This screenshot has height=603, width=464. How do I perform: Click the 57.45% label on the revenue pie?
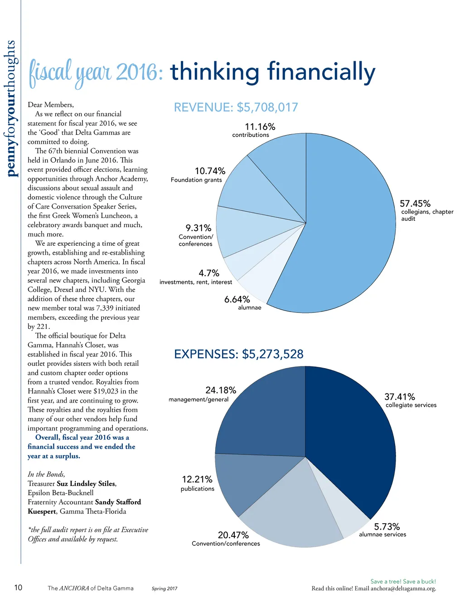coord(415,204)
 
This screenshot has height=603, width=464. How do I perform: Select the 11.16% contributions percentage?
coord(260,127)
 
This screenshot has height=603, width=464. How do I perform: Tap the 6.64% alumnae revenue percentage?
coord(237,299)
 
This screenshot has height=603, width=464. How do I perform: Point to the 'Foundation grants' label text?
coord(196,180)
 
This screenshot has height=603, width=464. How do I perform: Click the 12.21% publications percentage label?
coord(197,479)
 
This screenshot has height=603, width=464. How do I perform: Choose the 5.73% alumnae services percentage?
coord(387,526)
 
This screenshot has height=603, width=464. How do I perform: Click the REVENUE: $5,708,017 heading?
coord(236,107)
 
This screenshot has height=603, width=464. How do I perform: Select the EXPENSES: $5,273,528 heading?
coord(239,354)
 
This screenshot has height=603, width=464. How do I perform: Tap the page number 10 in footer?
coord(18,588)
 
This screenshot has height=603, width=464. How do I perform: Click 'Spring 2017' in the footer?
coord(164,588)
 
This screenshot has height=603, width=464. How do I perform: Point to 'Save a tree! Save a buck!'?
coord(403,581)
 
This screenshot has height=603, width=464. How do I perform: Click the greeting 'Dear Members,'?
coord(51,105)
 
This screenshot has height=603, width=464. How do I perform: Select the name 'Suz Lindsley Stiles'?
coord(86,484)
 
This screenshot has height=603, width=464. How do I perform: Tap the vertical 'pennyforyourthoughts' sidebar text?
coord(11,109)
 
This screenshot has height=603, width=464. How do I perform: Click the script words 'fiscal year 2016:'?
coord(96,73)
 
